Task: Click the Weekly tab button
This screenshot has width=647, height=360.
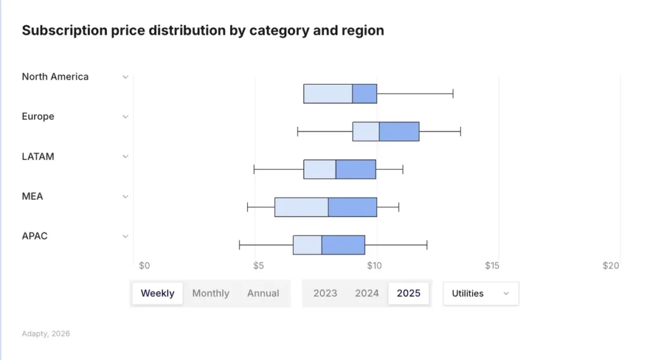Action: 157,294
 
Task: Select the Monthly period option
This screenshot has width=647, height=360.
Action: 210,294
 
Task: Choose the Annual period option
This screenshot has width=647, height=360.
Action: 263,294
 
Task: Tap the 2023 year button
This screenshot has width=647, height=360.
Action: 325,294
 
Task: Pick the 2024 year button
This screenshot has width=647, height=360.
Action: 366,294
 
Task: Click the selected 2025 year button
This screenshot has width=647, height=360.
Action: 408,294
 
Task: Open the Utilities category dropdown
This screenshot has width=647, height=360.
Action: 480,294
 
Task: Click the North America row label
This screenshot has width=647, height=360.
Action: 55,77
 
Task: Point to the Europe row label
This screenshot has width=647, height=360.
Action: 38,117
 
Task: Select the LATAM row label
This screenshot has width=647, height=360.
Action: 38,157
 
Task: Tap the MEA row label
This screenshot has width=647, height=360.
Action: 32,196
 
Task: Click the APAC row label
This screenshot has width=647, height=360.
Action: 35,236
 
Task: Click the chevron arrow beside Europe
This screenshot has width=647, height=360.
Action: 125,117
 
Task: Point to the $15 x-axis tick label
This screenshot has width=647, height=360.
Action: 492,266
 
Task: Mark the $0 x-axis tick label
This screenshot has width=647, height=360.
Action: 144,266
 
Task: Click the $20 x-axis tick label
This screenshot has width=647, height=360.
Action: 610,266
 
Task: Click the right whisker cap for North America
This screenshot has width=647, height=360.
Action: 453,93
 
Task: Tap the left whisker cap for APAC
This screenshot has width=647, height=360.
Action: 239,245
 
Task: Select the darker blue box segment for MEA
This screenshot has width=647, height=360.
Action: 352,207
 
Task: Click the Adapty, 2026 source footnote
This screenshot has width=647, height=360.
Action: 45,333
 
